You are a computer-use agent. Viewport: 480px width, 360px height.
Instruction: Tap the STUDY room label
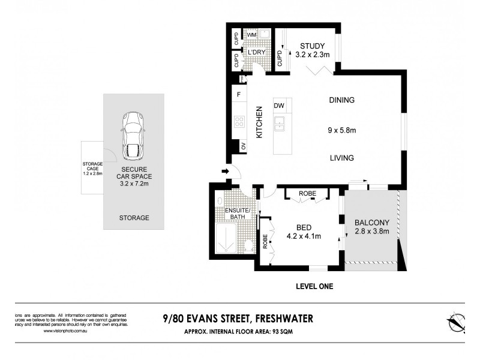click(x=312, y=46)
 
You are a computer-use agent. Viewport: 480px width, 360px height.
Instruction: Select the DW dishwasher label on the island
click(x=279, y=106)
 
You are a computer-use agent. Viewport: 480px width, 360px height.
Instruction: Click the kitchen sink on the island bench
click(x=280, y=124)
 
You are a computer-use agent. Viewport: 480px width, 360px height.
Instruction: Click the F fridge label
click(x=239, y=95)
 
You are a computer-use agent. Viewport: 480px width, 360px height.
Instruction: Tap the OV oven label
click(x=243, y=146)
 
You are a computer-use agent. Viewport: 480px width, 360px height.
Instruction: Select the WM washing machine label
click(x=251, y=35)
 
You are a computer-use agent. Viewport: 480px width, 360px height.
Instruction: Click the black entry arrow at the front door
click(x=225, y=172)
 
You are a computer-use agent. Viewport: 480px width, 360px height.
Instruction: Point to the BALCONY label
click(x=372, y=222)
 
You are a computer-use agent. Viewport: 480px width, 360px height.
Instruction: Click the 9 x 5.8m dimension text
click(x=341, y=129)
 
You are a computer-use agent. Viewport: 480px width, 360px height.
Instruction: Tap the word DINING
click(x=341, y=100)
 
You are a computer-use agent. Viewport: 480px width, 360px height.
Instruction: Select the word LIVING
click(x=341, y=158)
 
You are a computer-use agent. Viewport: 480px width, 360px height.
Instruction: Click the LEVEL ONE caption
click(x=314, y=286)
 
